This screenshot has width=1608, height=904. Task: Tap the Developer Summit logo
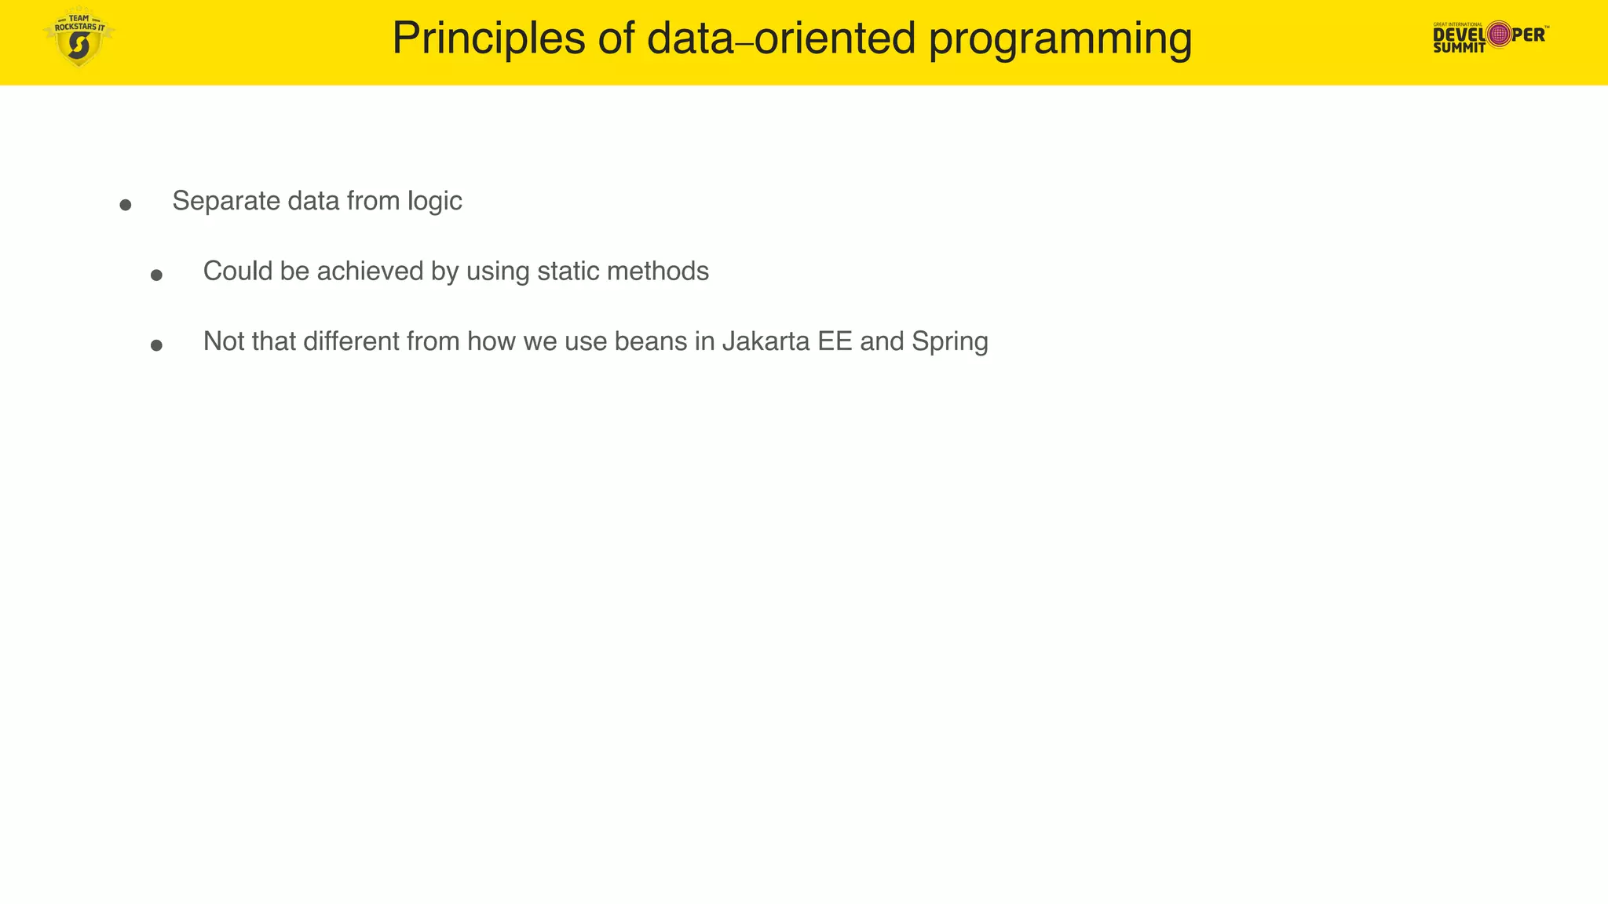tap(1489, 36)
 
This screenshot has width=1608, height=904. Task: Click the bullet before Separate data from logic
tap(126, 205)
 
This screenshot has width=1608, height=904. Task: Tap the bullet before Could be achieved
tap(156, 275)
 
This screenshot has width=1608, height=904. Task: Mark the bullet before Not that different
tap(156, 345)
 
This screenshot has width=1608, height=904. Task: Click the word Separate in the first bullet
tap(226, 201)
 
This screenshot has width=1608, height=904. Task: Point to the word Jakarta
tap(766, 341)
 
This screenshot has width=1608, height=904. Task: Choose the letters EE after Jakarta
tap(835, 341)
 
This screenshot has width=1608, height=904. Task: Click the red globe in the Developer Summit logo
tap(1499, 35)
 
